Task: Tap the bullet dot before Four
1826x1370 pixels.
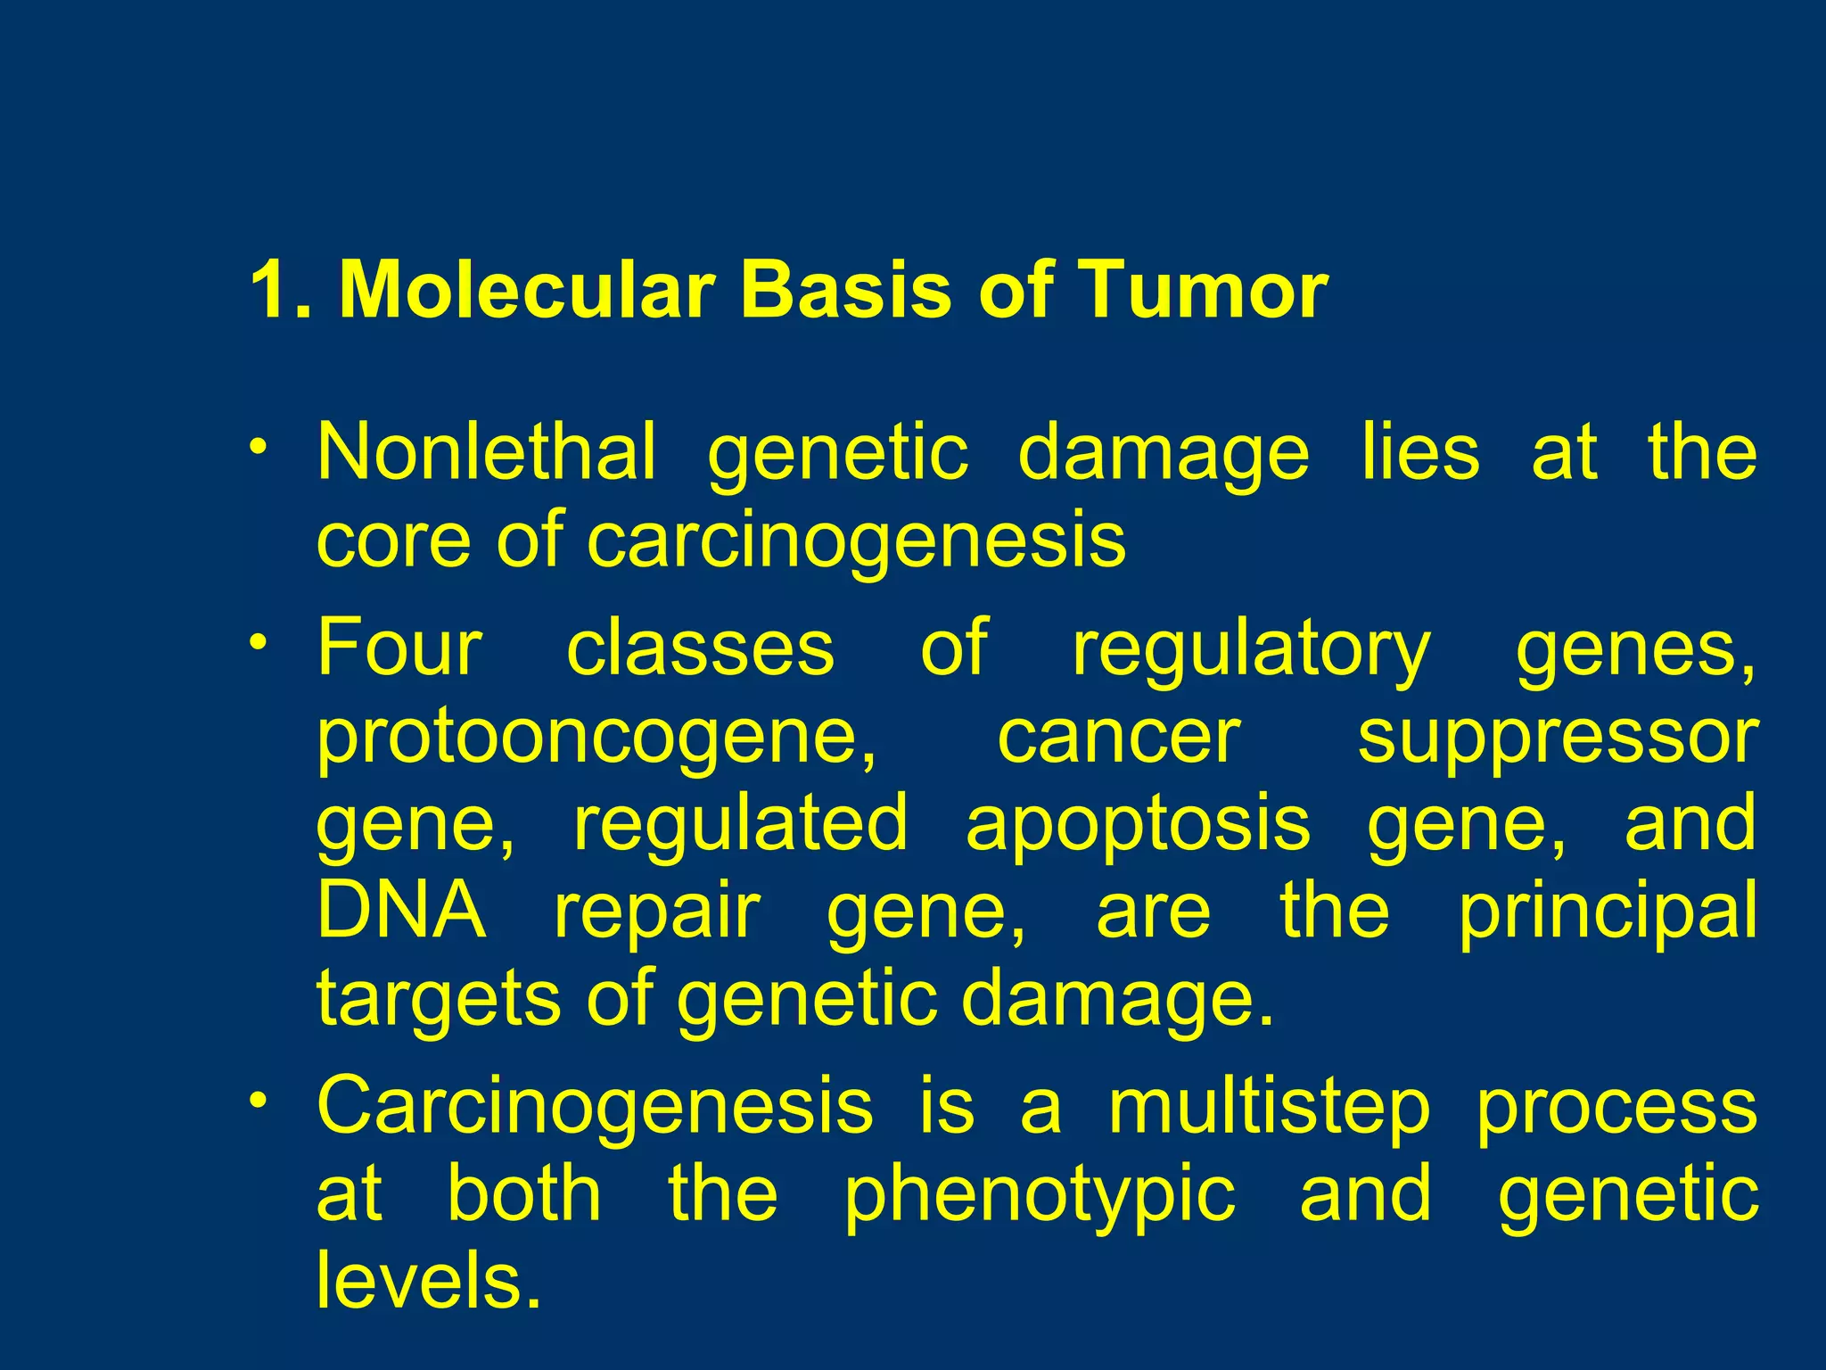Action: [258, 640]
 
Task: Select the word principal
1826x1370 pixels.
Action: [1608, 913]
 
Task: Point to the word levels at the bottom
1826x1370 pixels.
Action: [429, 1281]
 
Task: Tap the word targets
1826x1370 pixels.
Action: [440, 1001]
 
